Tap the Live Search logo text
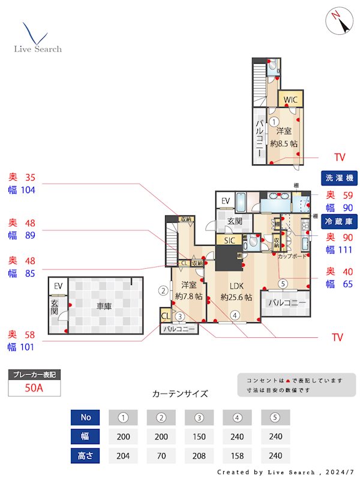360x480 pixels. click(38, 49)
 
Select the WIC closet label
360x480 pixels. click(290, 100)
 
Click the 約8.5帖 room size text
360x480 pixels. click(284, 144)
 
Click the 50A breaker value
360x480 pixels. click(34, 388)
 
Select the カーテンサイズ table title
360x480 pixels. click(180, 394)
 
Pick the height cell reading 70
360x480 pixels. click(161, 455)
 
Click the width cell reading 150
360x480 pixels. click(199, 436)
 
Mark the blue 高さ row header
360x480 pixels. click(85, 455)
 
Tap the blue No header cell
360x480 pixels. click(85, 418)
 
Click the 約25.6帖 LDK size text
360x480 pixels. click(236, 297)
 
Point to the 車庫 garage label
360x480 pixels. click(104, 306)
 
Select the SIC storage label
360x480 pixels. click(229, 241)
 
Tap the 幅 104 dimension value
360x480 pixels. click(22, 190)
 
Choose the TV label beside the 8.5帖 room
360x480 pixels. click(340, 158)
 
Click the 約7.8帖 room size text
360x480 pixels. click(189, 296)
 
